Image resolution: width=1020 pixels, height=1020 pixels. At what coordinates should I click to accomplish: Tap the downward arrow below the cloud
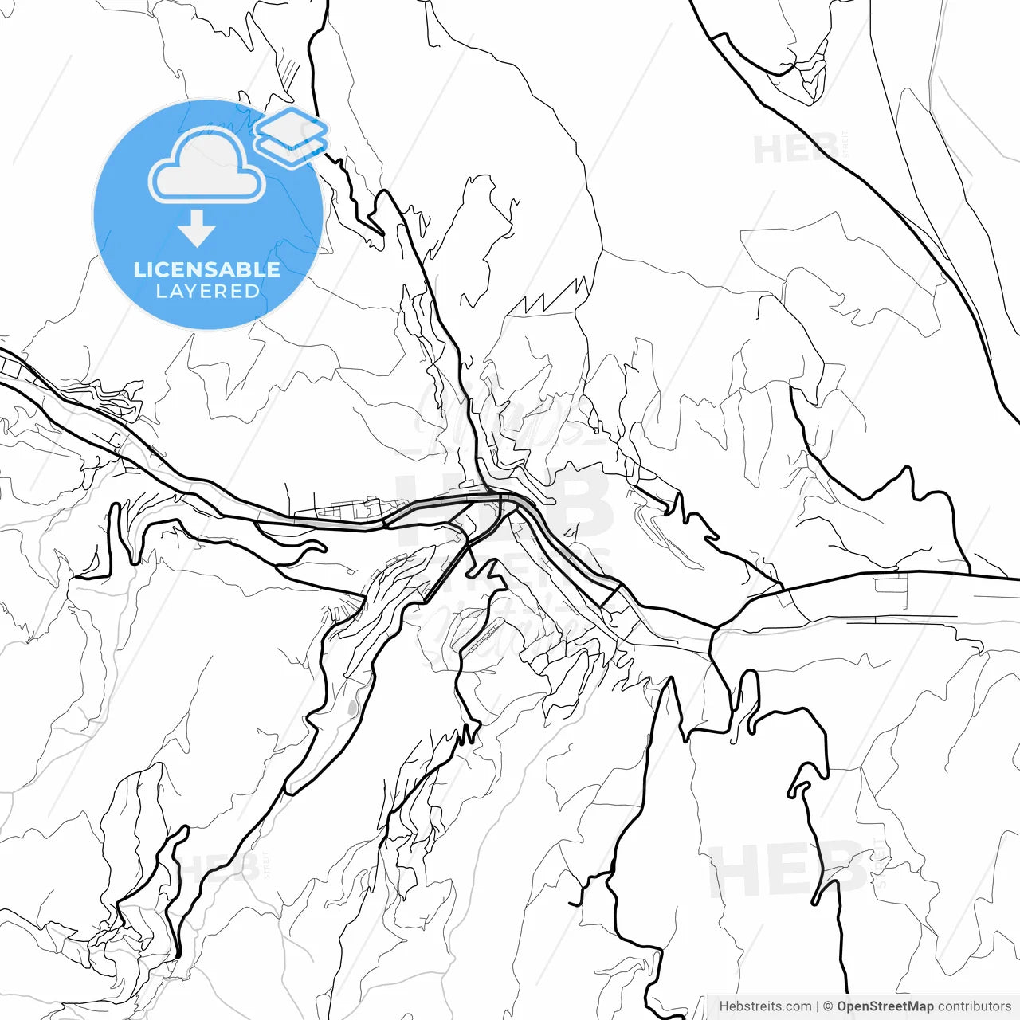(x=197, y=231)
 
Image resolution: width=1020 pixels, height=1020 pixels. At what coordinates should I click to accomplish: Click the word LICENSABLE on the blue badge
(x=207, y=269)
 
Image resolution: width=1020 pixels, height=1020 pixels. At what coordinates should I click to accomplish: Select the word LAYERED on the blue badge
(x=207, y=292)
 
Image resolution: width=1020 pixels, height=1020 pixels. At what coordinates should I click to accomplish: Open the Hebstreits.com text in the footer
(x=765, y=1006)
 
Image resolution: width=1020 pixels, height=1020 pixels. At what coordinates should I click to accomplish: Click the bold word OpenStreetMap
(x=885, y=1006)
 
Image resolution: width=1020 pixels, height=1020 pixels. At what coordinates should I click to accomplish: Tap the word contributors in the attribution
(x=974, y=1006)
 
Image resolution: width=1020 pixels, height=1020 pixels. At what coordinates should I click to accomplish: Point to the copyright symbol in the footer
(x=828, y=1006)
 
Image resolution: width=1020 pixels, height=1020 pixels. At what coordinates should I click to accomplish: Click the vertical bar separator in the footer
(x=818, y=1006)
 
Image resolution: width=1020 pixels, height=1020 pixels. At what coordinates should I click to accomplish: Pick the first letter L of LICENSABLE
(x=139, y=269)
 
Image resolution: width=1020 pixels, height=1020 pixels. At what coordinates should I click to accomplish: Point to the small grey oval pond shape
(x=352, y=707)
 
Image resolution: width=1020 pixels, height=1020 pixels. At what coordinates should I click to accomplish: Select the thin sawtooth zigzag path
(x=554, y=297)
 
